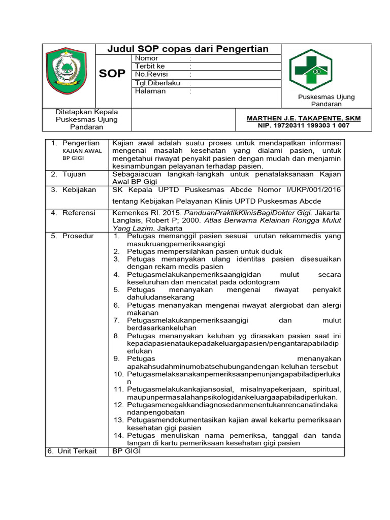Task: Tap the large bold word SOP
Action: point(112,74)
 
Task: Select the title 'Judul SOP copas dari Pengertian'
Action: point(188,49)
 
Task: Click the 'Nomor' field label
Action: point(147,58)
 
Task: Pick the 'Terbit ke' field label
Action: point(150,67)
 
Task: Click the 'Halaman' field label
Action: point(150,91)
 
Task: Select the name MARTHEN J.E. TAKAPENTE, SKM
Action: point(304,118)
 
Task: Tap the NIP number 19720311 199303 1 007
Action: point(304,125)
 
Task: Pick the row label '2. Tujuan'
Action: point(71,174)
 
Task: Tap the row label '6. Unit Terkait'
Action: point(72,451)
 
